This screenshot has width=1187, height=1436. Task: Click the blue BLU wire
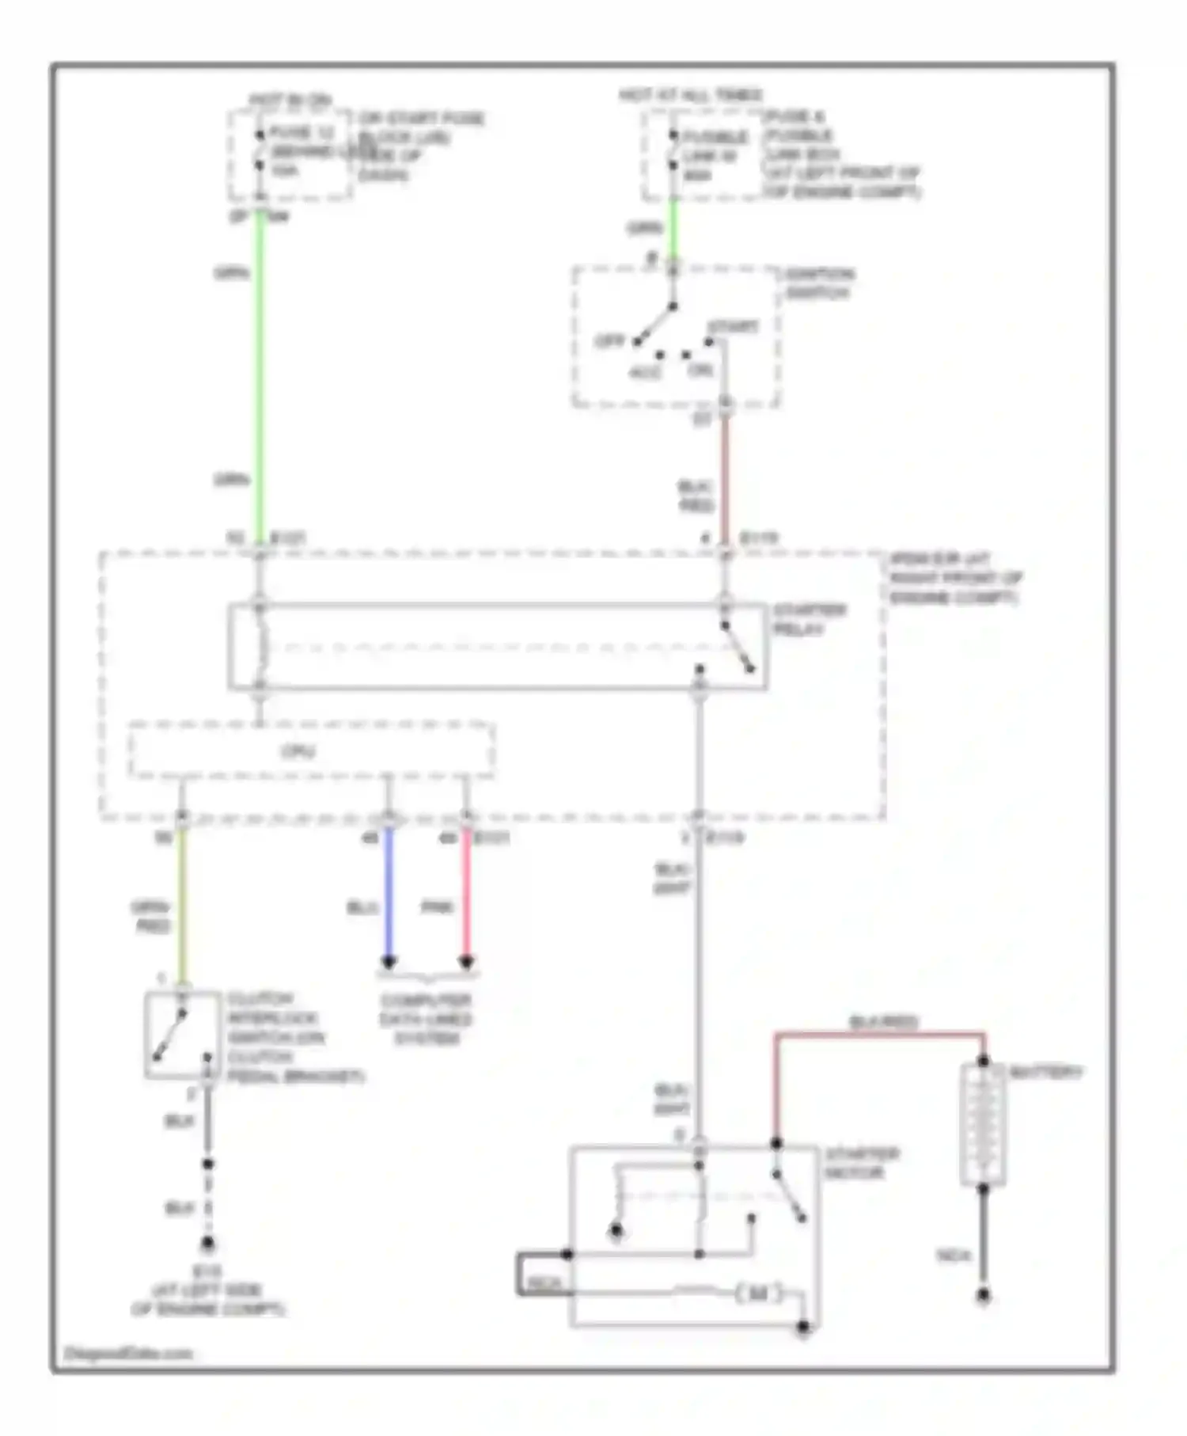(388, 895)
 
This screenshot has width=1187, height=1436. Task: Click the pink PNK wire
(466, 895)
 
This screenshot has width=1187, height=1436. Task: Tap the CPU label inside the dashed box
(298, 751)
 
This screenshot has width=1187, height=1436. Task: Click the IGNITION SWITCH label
(818, 283)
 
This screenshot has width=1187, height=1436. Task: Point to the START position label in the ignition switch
(733, 326)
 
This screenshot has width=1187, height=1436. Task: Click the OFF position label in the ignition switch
(609, 341)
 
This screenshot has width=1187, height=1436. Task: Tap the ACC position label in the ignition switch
(645, 372)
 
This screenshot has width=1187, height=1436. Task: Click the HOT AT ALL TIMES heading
(690, 96)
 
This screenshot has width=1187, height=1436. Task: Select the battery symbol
(983, 1124)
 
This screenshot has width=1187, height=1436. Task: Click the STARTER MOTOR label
(861, 1163)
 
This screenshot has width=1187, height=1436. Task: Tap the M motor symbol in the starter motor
(758, 1294)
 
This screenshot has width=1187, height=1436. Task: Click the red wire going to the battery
(878, 1034)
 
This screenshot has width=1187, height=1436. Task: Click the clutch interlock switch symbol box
(183, 1034)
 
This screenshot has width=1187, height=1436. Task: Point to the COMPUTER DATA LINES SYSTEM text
(426, 1020)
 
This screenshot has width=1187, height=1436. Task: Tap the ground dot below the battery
(983, 1296)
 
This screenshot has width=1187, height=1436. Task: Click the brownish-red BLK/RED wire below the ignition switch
(724, 475)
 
